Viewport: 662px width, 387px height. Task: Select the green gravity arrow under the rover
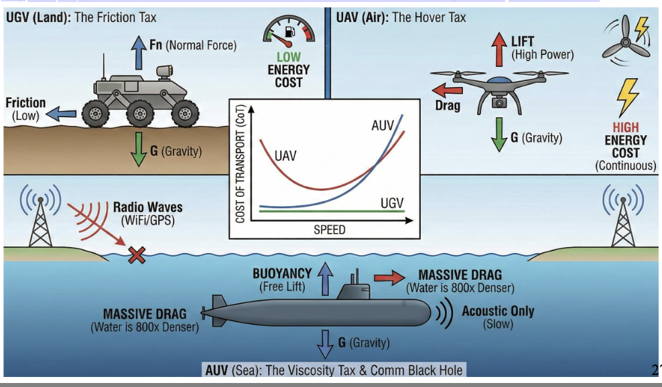tap(138, 149)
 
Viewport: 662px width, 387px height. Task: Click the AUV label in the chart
tap(383, 125)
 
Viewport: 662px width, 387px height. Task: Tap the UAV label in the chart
tap(285, 156)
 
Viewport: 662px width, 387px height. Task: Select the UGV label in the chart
tap(392, 202)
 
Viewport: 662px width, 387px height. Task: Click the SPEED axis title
tap(329, 230)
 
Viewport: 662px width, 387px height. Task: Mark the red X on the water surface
tap(137, 255)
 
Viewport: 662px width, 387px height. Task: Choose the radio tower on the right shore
tap(624, 218)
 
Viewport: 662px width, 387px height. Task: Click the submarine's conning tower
tap(353, 289)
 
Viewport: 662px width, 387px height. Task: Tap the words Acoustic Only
tap(498, 311)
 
